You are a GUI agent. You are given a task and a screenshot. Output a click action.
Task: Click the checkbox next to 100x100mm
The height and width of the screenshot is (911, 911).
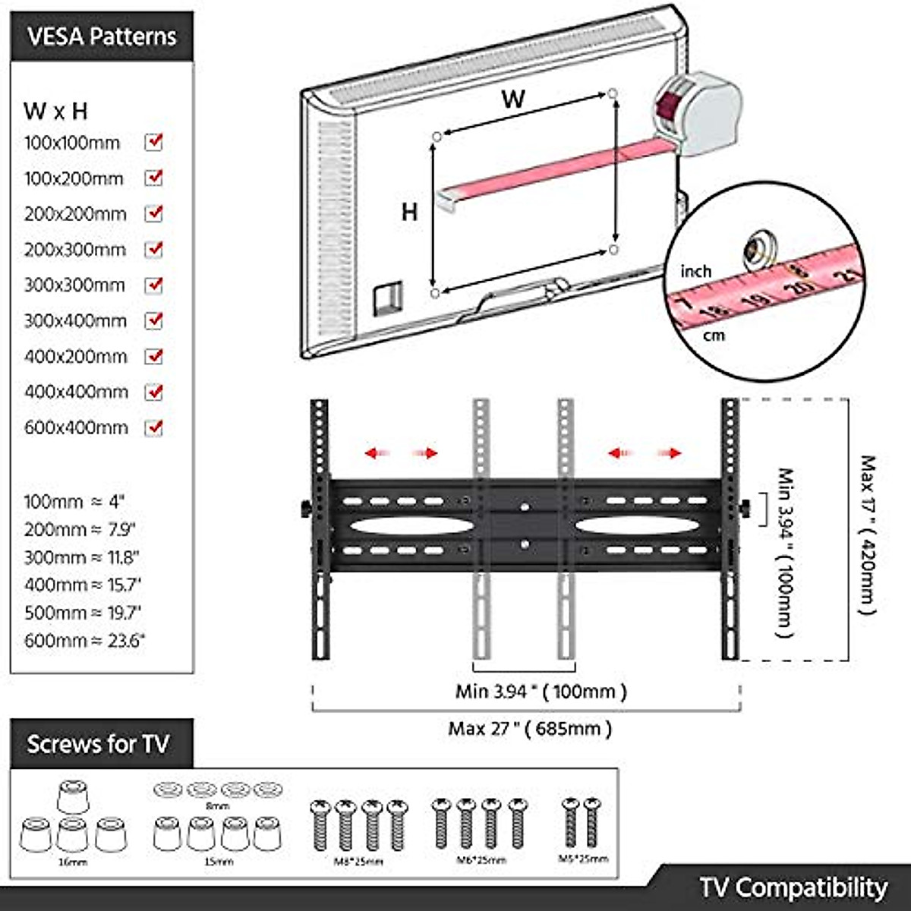tap(154, 142)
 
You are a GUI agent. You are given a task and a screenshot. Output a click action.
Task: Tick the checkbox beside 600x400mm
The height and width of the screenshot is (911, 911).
tap(154, 427)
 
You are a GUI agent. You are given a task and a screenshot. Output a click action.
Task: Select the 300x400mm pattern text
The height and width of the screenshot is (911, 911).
tap(75, 321)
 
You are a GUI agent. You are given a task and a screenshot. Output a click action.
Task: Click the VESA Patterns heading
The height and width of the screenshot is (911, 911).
tap(102, 37)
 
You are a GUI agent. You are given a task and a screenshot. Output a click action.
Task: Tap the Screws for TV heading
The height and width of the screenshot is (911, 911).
tap(98, 744)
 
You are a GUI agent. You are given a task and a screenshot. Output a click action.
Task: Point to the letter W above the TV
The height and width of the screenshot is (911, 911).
tap(513, 99)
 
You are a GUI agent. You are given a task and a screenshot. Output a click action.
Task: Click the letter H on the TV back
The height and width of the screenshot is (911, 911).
tap(409, 212)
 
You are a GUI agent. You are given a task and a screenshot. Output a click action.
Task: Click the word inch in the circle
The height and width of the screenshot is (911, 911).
tap(695, 272)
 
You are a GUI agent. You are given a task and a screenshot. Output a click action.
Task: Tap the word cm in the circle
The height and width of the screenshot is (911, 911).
tap(714, 335)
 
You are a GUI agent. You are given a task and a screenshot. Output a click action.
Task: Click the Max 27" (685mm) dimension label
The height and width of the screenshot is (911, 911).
tap(529, 729)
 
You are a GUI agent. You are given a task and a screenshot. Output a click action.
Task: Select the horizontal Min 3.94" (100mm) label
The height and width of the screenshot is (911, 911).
tap(541, 692)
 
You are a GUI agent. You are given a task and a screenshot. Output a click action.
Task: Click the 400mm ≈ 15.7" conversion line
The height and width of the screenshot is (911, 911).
tap(83, 585)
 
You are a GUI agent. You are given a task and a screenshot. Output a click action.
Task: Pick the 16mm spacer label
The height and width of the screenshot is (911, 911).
tap(73, 862)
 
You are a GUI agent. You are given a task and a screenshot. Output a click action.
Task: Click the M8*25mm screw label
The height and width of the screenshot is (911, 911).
tap(358, 861)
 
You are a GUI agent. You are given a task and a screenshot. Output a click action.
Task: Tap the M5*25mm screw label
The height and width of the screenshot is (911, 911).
tap(583, 859)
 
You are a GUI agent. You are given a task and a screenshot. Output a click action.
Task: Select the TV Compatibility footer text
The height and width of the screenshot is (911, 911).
tap(793, 887)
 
